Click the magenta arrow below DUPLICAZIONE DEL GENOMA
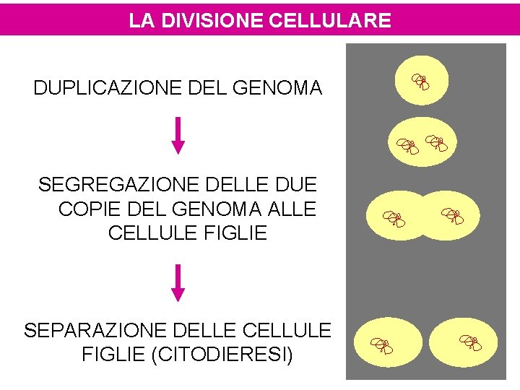tap(178, 135)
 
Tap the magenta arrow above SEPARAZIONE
tap(178, 282)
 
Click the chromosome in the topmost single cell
tap(421, 82)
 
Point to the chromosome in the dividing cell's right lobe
tap(452, 214)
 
